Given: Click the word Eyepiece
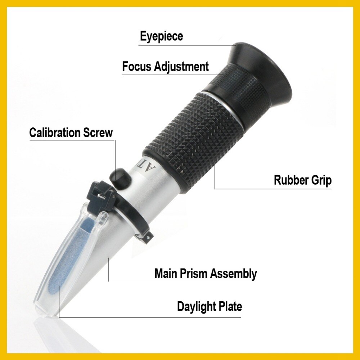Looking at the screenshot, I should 161,36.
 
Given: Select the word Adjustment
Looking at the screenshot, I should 181,67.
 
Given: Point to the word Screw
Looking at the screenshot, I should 98,132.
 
